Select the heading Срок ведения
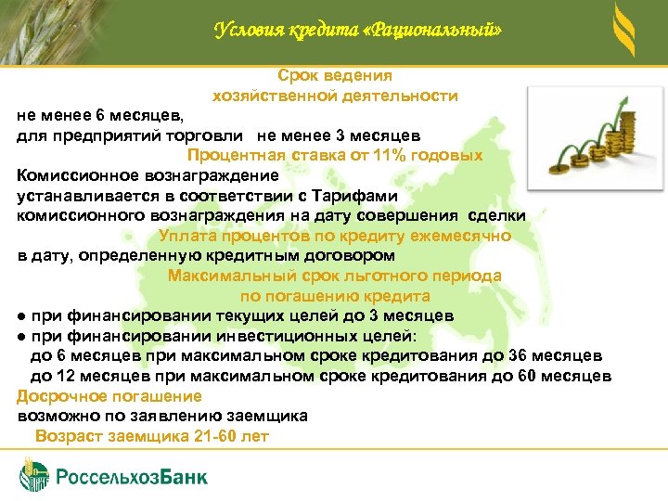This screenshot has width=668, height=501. tap(335, 75)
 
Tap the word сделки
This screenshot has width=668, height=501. tap(500, 215)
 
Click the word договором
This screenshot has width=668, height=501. tap(353, 255)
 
